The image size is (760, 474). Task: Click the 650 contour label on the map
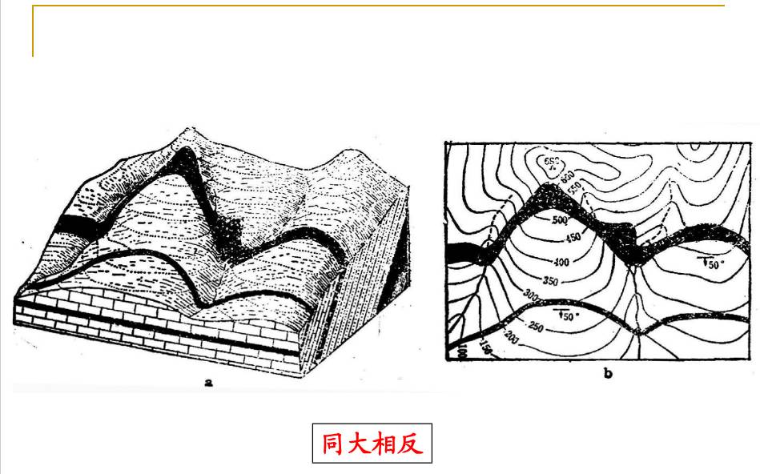pyautogui.click(x=550, y=163)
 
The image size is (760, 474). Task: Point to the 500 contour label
pyautogui.click(x=559, y=220)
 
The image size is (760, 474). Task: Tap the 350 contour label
pyautogui.click(x=549, y=282)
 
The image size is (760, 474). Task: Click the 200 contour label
pyautogui.click(x=512, y=342)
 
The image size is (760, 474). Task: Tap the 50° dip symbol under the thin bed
pyautogui.click(x=567, y=315)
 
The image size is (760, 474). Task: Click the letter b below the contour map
pyautogui.click(x=607, y=375)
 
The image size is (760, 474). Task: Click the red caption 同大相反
pyautogui.click(x=372, y=444)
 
